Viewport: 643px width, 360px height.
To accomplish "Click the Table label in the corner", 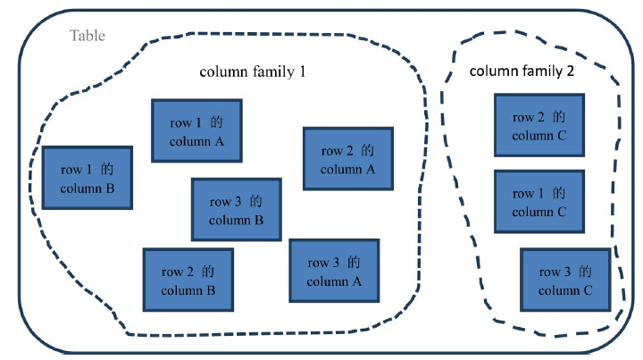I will point(88,36).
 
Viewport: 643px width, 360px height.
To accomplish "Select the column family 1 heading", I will point(252,71).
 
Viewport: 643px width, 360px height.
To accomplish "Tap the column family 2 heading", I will point(522,71).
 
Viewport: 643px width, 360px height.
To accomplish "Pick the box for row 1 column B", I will point(88,178).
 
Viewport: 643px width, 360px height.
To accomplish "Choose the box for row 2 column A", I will point(347,159).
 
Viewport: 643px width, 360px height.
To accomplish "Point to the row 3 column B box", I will point(236,210).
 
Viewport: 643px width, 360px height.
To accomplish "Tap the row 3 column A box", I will point(334,272).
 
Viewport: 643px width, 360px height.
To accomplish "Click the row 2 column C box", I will point(539,126).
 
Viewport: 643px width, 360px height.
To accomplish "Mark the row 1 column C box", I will point(539,202).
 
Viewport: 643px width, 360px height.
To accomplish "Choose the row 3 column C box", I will point(565,280).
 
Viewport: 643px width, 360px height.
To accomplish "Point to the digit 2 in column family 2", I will point(570,71).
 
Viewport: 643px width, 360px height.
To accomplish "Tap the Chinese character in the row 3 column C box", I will point(585,272).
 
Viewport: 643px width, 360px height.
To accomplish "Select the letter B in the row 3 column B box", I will point(258,220).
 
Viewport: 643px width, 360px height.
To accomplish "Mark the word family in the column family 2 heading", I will point(539,71).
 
